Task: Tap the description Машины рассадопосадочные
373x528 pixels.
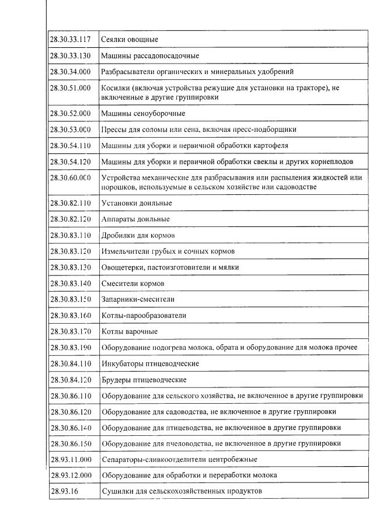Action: (x=150, y=56)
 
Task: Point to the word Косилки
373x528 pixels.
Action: (x=115, y=88)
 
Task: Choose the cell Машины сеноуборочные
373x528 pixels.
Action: (x=143, y=113)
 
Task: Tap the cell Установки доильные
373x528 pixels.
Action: (x=137, y=203)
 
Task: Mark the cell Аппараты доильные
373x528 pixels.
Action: (x=135, y=219)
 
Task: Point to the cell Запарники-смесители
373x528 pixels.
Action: (x=138, y=299)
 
